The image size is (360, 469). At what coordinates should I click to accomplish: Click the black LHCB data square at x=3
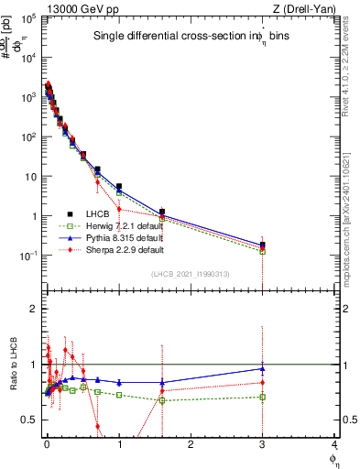point(263,245)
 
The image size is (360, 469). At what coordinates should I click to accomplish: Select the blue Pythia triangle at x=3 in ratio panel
point(263,369)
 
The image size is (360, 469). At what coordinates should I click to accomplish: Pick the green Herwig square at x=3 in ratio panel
point(263,397)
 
